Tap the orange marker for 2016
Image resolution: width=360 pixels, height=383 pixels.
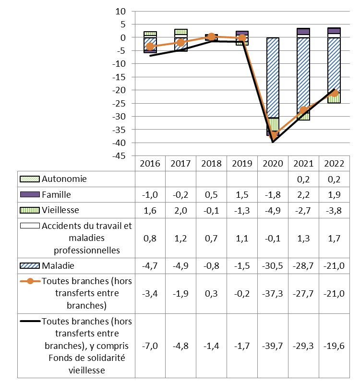click(x=150, y=46)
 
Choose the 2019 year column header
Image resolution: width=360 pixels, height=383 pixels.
click(x=242, y=163)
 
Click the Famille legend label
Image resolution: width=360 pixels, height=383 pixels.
click(x=57, y=195)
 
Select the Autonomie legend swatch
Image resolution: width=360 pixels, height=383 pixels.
click(x=29, y=179)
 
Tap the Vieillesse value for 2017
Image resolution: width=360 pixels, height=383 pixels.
click(x=181, y=210)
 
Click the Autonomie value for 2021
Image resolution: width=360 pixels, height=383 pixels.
click(x=303, y=179)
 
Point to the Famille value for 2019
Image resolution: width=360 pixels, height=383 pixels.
click(x=242, y=195)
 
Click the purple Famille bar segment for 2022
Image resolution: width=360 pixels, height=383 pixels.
click(x=334, y=31)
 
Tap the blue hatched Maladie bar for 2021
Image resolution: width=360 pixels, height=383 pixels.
click(x=303, y=72)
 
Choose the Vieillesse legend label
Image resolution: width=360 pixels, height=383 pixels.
click(x=60, y=210)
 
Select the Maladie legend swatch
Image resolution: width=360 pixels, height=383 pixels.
click(x=29, y=266)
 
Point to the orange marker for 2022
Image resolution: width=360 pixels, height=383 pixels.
click(x=334, y=93)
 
